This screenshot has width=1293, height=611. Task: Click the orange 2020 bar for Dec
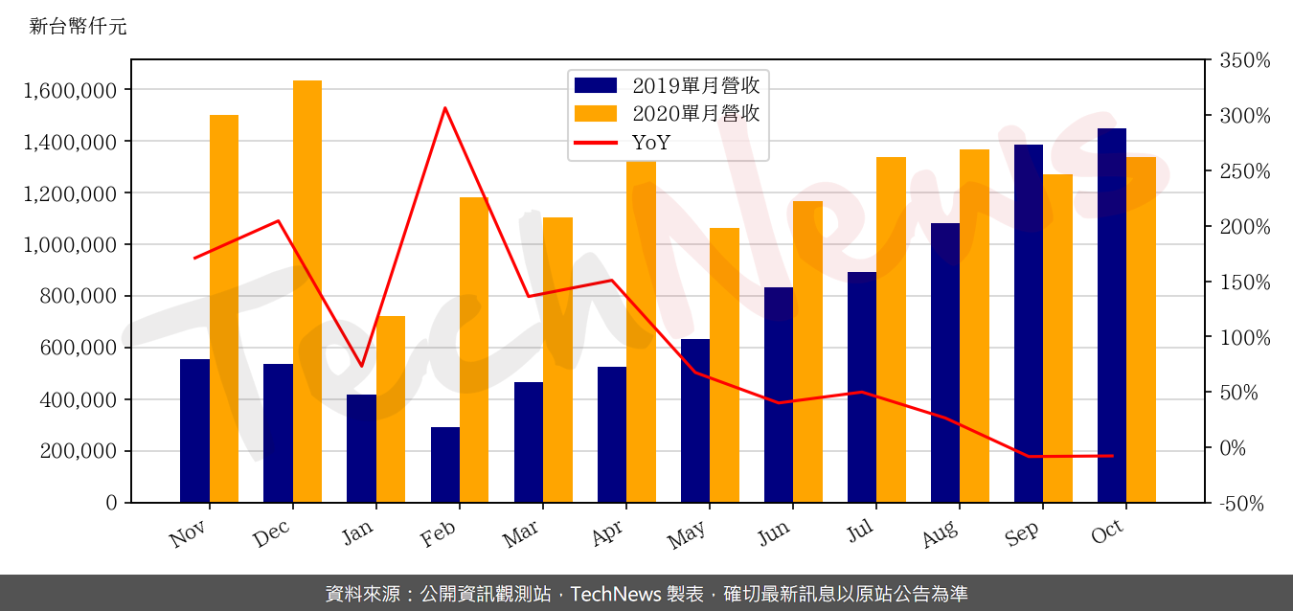307,291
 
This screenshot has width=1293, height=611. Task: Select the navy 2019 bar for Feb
445,464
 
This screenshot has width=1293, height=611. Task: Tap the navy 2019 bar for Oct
1112,315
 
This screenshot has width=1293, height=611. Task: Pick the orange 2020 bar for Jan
391,409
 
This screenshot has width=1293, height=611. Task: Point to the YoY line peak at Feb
445,108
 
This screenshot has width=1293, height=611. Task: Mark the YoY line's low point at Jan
362,366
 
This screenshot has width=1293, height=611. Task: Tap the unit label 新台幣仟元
78,27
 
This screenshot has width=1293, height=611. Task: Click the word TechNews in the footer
613,594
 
